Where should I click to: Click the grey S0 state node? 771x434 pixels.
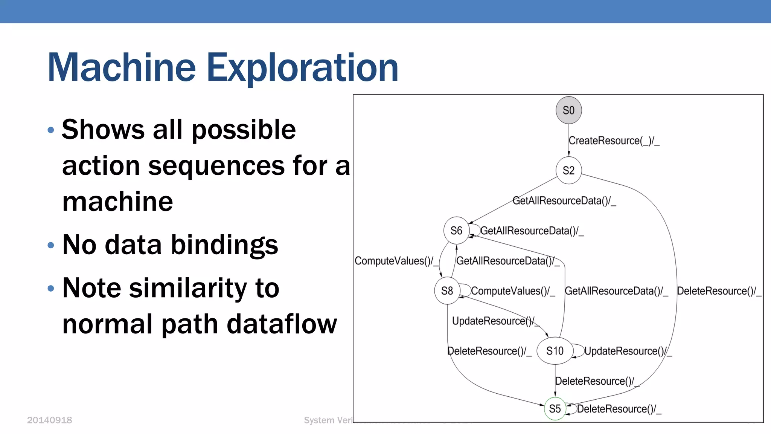coord(568,110)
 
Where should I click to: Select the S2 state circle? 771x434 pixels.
coord(568,171)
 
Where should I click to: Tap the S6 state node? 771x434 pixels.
coord(456,231)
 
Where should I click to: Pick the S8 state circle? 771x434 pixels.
coord(447,291)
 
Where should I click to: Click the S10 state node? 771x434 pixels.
coord(555,351)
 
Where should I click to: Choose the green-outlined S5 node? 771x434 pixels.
coord(555,409)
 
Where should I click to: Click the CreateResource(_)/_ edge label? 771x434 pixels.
coord(614,141)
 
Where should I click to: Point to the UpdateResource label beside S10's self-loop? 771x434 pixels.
coord(628,351)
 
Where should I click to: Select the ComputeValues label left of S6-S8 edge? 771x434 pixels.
coord(396,261)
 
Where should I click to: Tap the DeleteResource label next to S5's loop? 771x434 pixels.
coord(619,409)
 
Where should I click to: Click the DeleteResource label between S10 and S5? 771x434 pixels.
coord(597,381)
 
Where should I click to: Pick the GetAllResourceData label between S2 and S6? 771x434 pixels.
coord(564,201)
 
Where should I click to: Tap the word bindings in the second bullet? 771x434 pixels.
coord(224,245)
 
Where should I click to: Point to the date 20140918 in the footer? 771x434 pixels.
coord(49,420)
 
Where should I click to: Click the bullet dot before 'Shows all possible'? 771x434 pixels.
coord(51,130)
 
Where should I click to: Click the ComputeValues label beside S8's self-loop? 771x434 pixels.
coord(513,291)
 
